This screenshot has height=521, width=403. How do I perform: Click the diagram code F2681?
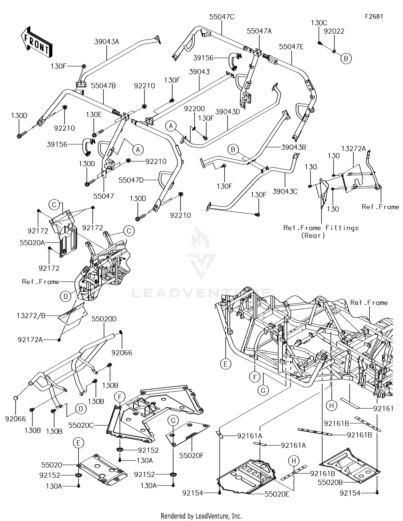tap(374, 16)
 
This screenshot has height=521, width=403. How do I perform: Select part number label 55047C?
tap(222, 17)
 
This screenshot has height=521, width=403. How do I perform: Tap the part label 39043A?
tap(107, 42)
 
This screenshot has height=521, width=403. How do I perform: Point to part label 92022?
tap(334, 31)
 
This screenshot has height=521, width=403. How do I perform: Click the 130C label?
tap(319, 23)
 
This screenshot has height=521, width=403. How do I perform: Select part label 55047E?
tap(291, 47)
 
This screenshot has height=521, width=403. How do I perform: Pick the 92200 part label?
tap(194, 109)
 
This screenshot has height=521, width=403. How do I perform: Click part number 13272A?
tap(354, 148)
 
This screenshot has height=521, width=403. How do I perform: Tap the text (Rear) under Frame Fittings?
tap(313, 235)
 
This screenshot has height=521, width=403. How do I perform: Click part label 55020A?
tap(32, 243)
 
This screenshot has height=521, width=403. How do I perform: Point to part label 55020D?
tap(104, 319)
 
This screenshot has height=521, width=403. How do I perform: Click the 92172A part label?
tap(30, 340)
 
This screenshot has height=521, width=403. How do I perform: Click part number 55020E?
tap(277, 494)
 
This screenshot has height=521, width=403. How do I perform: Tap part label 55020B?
tap(330, 482)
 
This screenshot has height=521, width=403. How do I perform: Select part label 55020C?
tap(81, 425)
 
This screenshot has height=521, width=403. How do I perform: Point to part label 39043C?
tap(285, 191)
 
